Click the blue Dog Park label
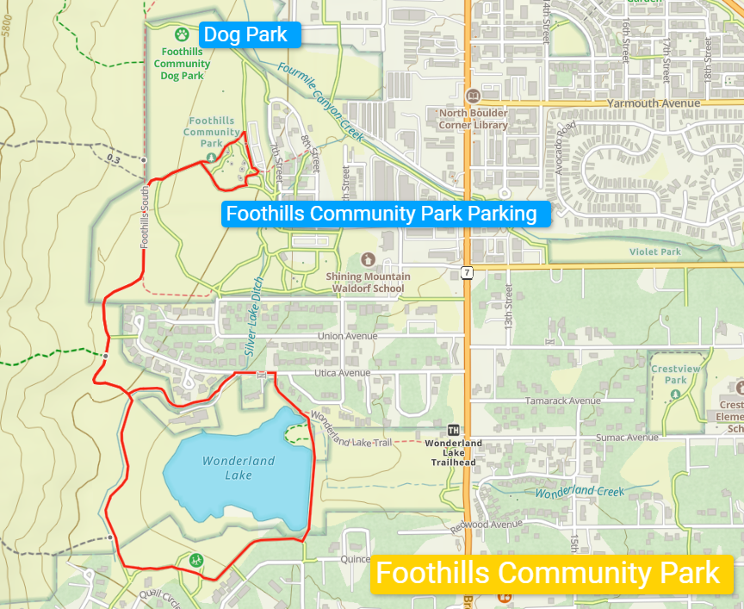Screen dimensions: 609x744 click(x=250, y=35)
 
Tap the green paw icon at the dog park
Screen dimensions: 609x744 click(x=182, y=34)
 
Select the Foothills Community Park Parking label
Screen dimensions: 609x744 click(x=381, y=214)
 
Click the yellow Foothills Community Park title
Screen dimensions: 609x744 click(x=548, y=573)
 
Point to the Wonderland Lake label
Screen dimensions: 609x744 click(x=226, y=468)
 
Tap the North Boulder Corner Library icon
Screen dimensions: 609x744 click(x=473, y=96)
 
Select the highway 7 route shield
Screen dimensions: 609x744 click(x=467, y=272)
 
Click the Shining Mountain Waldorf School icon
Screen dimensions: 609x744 click(x=368, y=259)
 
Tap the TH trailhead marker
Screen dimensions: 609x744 click(x=454, y=430)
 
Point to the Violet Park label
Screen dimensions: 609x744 click(x=654, y=252)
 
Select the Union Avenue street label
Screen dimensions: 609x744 click(x=347, y=336)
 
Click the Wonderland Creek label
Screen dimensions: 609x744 click(x=579, y=492)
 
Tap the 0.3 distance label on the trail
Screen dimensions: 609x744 click(x=113, y=158)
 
